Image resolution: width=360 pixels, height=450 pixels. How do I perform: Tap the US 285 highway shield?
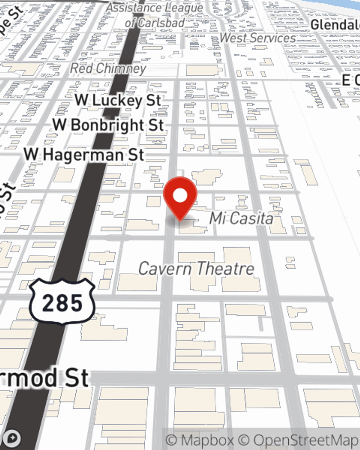point(62,301)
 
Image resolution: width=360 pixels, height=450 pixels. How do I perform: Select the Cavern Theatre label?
point(196,269)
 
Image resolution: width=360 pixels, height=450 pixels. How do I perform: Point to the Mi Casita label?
point(241,218)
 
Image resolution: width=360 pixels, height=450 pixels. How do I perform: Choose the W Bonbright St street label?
point(108,125)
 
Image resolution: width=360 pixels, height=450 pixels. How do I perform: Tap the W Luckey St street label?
point(118,100)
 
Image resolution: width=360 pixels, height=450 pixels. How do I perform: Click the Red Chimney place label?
point(108,68)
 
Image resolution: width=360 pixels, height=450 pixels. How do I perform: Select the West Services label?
point(257,38)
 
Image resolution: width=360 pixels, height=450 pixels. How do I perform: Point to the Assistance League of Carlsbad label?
point(155,15)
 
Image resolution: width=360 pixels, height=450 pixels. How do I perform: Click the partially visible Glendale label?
point(335,25)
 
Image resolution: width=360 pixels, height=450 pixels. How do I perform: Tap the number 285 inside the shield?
point(62,303)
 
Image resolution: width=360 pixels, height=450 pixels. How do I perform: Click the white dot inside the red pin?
point(180,196)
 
